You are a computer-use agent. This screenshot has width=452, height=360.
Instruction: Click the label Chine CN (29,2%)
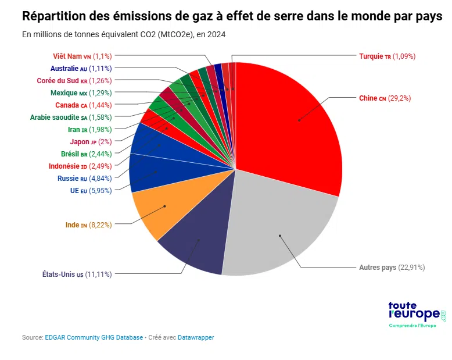(x=385, y=98)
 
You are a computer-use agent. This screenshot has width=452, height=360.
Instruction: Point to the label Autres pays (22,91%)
(x=392, y=268)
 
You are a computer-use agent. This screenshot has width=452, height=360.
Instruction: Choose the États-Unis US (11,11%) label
(x=77, y=274)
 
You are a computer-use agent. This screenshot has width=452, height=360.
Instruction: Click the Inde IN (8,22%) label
(x=88, y=225)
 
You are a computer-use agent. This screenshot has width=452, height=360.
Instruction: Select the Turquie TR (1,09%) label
(x=387, y=56)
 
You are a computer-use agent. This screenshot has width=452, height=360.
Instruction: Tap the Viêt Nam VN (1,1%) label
(x=82, y=56)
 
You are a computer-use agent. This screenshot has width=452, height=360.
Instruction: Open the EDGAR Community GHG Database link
(x=94, y=337)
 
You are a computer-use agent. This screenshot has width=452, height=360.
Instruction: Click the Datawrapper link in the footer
(x=196, y=337)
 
